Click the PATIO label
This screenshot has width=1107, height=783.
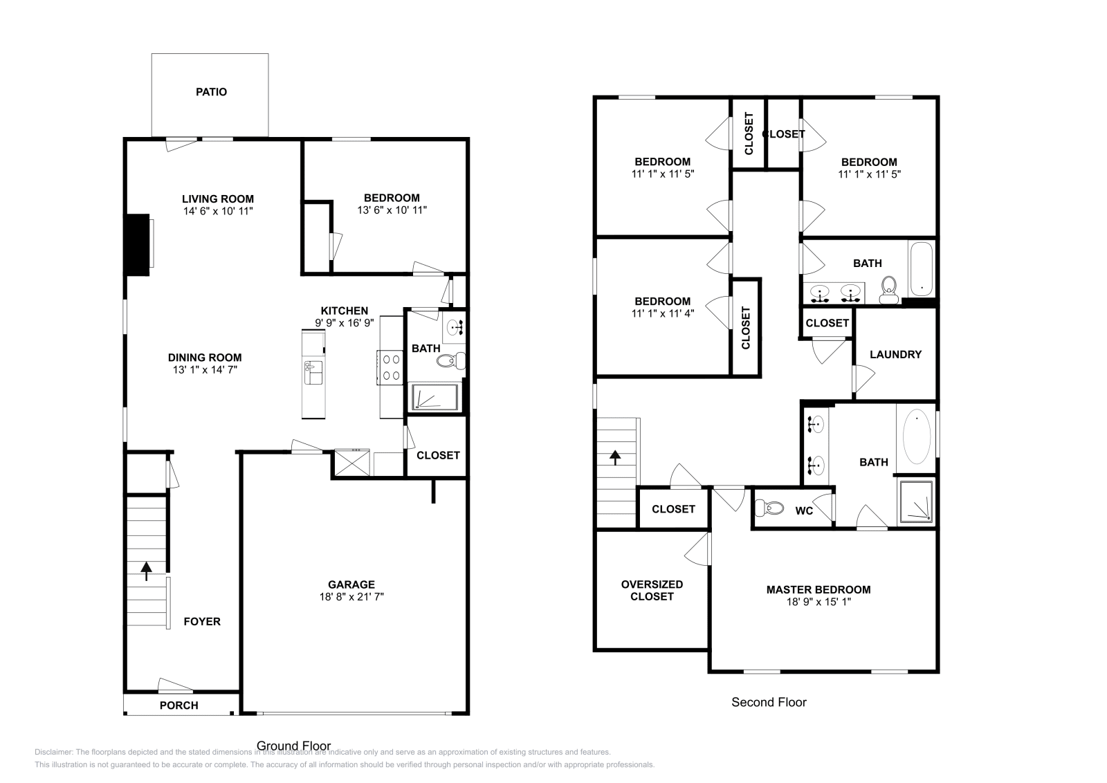[x=211, y=92]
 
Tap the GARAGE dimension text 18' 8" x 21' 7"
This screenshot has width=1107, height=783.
[x=351, y=596]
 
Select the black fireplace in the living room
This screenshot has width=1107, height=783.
[x=138, y=245]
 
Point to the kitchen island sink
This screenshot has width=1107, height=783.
[x=313, y=372]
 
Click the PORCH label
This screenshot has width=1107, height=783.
[x=179, y=706]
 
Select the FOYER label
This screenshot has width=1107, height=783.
[x=202, y=621]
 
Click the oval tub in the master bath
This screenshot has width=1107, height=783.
[x=917, y=436]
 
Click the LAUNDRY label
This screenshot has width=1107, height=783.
[x=895, y=354]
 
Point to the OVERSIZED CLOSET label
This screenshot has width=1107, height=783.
[x=652, y=590]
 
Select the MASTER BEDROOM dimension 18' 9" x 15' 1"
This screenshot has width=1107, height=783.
[x=818, y=602]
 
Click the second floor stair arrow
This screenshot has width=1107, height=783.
[x=614, y=456]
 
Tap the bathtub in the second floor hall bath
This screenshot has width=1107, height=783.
[x=921, y=268]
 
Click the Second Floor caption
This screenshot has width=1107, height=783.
[x=769, y=702]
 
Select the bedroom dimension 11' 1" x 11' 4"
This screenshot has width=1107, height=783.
[x=662, y=313]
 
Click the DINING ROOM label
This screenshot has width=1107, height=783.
[x=205, y=358]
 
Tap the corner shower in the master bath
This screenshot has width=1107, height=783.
[x=915, y=501]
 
